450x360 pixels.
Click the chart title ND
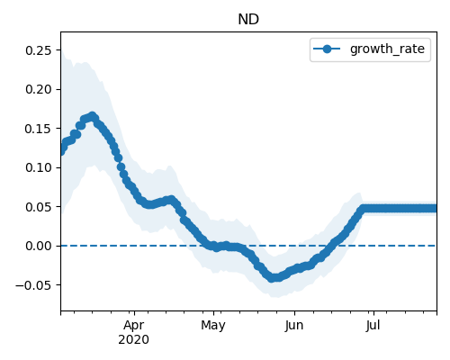point(248,20)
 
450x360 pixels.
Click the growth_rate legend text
point(387,49)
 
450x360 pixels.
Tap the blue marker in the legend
point(327,49)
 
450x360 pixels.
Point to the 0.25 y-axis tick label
point(38,50)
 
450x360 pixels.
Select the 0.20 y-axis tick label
point(38,89)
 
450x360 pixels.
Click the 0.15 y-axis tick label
point(38,129)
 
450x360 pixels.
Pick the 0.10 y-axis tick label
point(38,167)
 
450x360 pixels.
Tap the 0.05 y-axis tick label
point(38,207)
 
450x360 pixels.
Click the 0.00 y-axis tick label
point(38,246)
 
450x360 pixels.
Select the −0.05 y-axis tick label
point(33,285)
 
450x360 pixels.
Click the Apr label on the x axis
point(134,326)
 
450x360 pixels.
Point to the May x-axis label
point(213,326)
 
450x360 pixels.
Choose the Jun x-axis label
point(294,325)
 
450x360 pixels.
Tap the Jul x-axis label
point(373,325)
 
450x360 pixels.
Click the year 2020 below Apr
point(134,340)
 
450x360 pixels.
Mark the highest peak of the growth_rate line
point(93,116)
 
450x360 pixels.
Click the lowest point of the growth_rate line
point(272,278)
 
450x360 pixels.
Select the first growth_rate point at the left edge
point(61,150)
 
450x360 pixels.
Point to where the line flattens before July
point(364,209)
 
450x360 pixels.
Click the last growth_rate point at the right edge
point(435,209)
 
